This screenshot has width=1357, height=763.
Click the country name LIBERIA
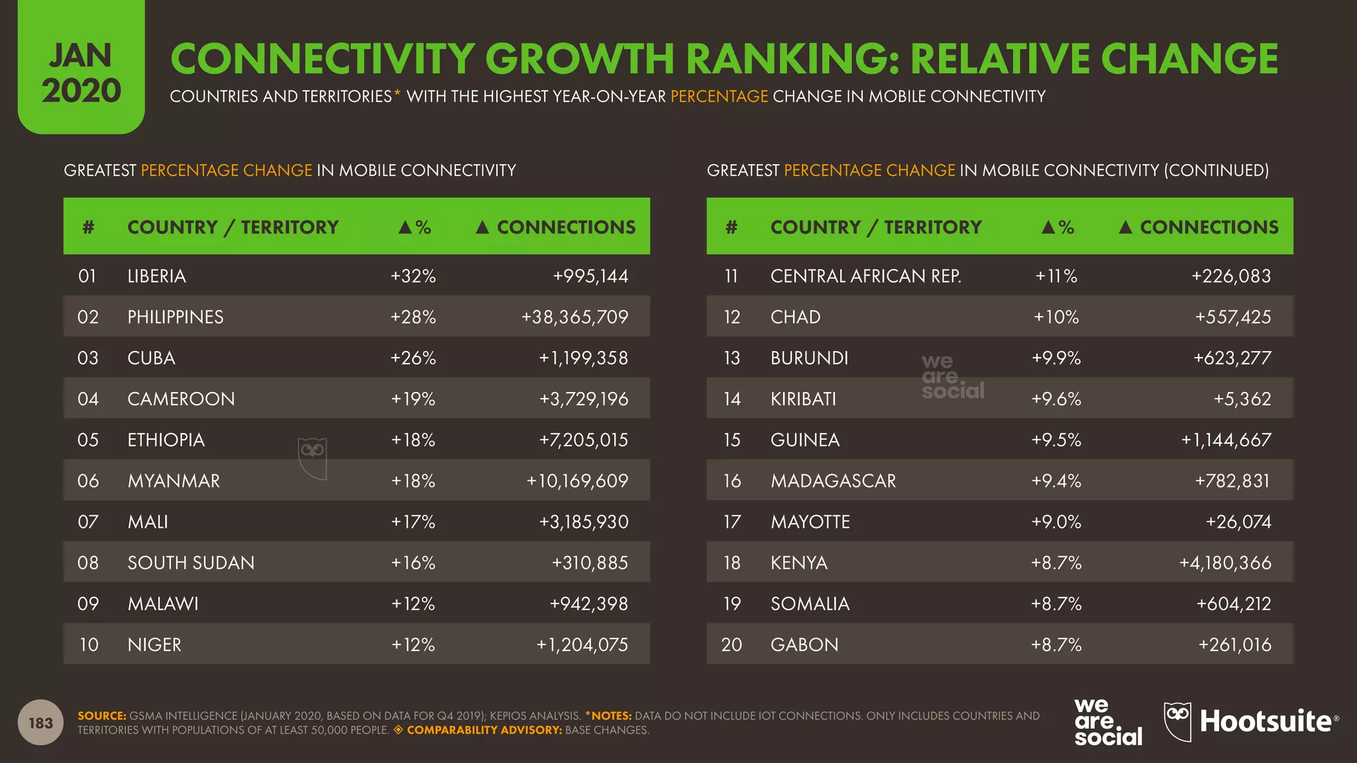click(156, 276)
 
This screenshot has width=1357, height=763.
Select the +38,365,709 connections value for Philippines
click(574, 317)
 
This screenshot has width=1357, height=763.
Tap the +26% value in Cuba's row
click(413, 358)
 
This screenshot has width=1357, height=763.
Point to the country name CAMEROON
click(181, 399)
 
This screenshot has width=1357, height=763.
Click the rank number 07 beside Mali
click(88, 522)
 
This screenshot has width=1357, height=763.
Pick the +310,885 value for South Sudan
click(590, 563)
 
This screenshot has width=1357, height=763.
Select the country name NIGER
click(154, 645)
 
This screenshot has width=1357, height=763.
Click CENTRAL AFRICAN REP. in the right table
click(865, 276)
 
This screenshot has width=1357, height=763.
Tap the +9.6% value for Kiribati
click(1056, 399)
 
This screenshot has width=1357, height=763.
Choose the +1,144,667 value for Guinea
click(1226, 440)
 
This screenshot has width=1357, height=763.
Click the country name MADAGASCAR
click(833, 481)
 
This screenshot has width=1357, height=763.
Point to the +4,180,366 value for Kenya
click(1225, 563)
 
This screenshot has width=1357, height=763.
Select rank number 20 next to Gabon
click(732, 645)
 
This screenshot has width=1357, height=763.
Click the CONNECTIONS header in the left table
click(566, 227)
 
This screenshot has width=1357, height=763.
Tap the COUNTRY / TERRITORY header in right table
click(875, 227)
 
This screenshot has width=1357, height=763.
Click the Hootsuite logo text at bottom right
click(1266, 722)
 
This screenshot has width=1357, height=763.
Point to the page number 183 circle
click(41, 723)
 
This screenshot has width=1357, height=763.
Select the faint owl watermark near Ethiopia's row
click(312, 458)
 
